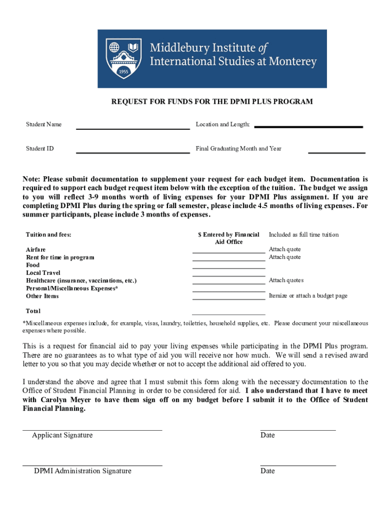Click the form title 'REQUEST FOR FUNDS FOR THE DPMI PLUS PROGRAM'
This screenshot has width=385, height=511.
tap(211, 102)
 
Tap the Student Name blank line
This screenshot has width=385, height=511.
tap(132, 128)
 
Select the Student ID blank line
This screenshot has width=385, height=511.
tap(132, 152)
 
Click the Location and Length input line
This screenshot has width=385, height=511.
tap(308, 127)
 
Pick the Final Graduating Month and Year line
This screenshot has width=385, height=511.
tap(336, 152)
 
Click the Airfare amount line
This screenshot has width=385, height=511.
tap(228, 252)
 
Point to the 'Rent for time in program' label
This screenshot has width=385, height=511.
tap(60, 257)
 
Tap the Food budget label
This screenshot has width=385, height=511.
tap(33, 265)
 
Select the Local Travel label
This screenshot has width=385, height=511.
tap(43, 273)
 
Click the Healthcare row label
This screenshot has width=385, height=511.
tap(81, 280)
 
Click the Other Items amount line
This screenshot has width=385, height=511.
tap(228, 298)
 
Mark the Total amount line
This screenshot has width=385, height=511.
tap(228, 314)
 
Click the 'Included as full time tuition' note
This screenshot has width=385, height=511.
tap(303, 235)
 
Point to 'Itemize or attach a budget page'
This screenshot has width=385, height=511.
tap(308, 296)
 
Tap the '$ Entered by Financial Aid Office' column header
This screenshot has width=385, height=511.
tap(228, 238)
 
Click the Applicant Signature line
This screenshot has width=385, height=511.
tap(92, 429)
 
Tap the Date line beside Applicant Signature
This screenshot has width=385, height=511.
tap(297, 429)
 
